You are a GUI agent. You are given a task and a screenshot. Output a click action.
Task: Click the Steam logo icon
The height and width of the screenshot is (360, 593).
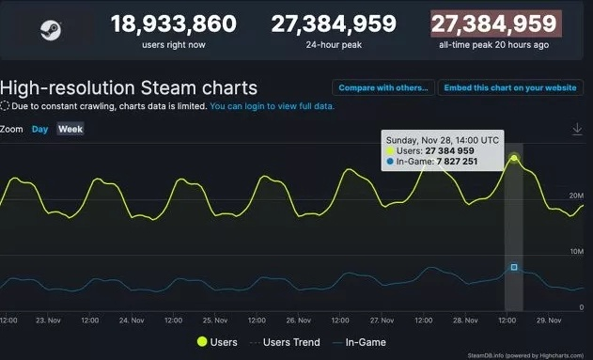pyautogui.click(x=50, y=31)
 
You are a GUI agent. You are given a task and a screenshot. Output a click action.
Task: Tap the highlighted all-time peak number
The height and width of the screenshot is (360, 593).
pyautogui.click(x=493, y=23)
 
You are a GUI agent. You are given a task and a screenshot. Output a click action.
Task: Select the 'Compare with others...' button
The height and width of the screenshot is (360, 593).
pyautogui.click(x=382, y=88)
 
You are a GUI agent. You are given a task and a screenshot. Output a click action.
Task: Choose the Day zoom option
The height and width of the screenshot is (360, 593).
pyautogui.click(x=40, y=129)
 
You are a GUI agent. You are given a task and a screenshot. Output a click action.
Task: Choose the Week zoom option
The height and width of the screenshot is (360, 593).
pyautogui.click(x=70, y=129)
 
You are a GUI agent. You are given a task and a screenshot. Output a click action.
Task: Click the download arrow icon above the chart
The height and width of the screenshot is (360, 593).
pyautogui.click(x=577, y=129)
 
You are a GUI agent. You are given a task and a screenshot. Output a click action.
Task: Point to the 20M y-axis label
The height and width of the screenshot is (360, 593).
pyautogui.click(x=575, y=196)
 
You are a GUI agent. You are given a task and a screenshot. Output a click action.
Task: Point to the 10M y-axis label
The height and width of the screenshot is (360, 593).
pyautogui.click(x=575, y=252)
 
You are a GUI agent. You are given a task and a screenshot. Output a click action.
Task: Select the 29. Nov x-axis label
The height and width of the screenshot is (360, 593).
pyautogui.click(x=547, y=321)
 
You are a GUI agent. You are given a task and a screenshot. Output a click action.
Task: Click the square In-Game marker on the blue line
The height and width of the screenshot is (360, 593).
pyautogui.click(x=514, y=267)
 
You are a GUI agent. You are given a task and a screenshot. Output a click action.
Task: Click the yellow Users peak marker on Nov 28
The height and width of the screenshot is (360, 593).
pyautogui.click(x=514, y=158)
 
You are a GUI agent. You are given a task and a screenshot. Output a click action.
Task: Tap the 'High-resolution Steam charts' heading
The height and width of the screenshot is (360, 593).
pyautogui.click(x=129, y=88)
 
